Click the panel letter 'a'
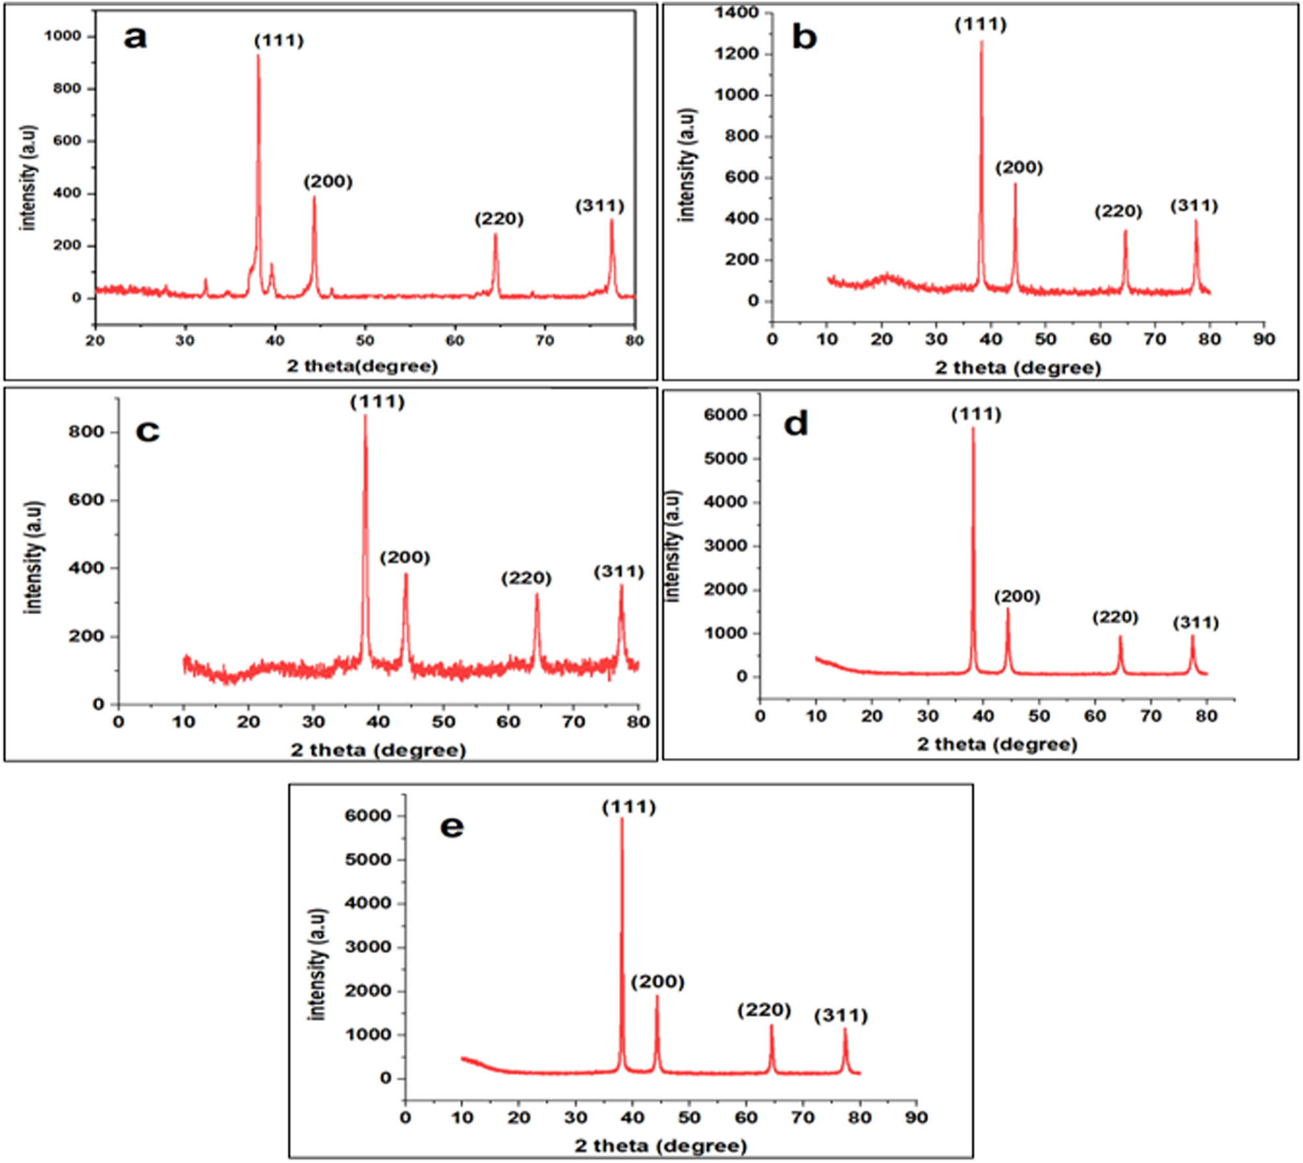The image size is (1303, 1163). pos(135,38)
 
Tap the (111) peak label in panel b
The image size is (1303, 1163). pos(981,25)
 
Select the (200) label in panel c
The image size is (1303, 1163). pos(405,557)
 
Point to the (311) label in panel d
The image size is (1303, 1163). pos(1196,623)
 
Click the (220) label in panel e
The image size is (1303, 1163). pos(764,1010)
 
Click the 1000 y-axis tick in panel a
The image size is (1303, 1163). pos(63,36)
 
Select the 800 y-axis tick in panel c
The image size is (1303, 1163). pos(86,432)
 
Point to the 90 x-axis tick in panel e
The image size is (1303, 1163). pos(916,1117)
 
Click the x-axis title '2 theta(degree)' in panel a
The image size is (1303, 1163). pos(362,366)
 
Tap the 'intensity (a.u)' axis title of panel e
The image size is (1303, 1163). pos(317,964)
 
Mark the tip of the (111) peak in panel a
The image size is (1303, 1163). pos(258,55)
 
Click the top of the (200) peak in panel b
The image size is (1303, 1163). pos(1014,184)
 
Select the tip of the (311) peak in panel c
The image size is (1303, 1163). pos(621,585)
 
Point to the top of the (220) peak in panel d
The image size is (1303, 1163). pos(1120,636)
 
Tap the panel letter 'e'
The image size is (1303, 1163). pos(452,827)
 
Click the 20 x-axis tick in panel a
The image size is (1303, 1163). pos(95,341)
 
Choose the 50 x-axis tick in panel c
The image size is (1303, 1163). pos(443,722)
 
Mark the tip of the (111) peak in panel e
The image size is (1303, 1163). pos(622,819)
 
